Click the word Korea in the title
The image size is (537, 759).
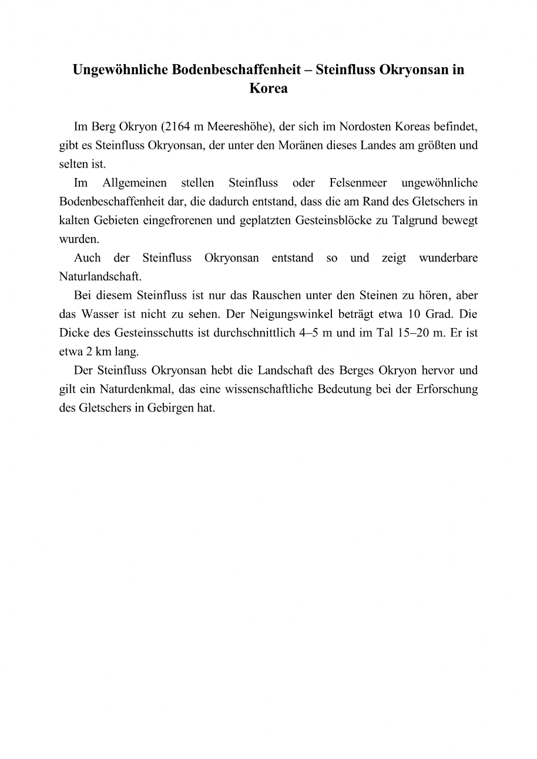point(268,89)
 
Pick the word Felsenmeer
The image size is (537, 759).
point(358,183)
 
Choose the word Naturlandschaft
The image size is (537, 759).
point(100,277)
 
